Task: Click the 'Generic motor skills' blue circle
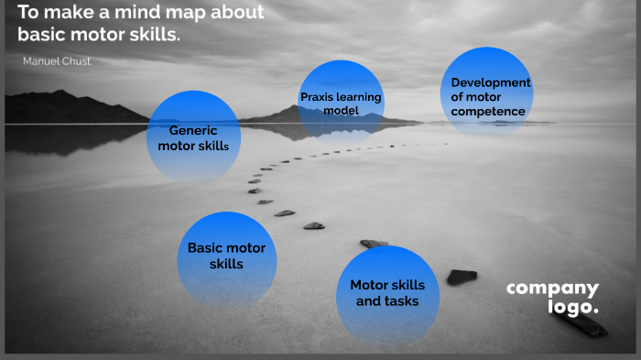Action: [x=192, y=137]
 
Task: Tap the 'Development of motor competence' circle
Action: [x=488, y=93]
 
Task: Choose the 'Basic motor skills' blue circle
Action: [x=226, y=257]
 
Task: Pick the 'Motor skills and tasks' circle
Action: [x=386, y=294]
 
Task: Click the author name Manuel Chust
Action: [x=57, y=60]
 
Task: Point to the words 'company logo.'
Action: [x=553, y=298]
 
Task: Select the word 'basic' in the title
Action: [x=43, y=35]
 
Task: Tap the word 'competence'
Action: [x=488, y=112]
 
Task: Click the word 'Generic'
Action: [x=193, y=130]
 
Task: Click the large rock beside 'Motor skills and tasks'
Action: [x=462, y=276]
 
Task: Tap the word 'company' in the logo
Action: [x=552, y=289]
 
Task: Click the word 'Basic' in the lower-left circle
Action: [x=205, y=248]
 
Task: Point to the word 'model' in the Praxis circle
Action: [x=341, y=111]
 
